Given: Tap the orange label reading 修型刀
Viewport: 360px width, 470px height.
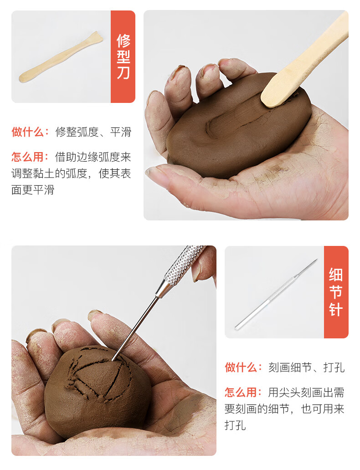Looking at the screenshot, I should (123, 56).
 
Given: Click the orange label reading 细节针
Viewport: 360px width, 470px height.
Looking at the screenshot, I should (336, 292).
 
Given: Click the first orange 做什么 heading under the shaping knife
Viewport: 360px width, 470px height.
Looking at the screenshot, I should (30, 132).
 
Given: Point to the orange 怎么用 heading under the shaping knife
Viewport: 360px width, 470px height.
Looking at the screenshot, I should (30, 157).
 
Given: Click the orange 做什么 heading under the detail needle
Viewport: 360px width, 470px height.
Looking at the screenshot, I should (243, 368).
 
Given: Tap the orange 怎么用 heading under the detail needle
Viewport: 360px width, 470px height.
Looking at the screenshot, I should (243, 392).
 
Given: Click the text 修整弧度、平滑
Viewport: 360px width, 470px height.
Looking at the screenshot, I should (93, 132).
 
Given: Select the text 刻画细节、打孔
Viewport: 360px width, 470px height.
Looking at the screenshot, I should (306, 368).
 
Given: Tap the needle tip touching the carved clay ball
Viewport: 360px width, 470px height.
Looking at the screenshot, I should (113, 359).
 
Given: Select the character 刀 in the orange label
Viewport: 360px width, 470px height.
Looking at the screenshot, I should (123, 72).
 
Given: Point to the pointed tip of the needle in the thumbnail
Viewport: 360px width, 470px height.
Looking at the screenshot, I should (315, 261).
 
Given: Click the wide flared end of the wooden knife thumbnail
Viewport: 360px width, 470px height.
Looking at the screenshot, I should (97, 37).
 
